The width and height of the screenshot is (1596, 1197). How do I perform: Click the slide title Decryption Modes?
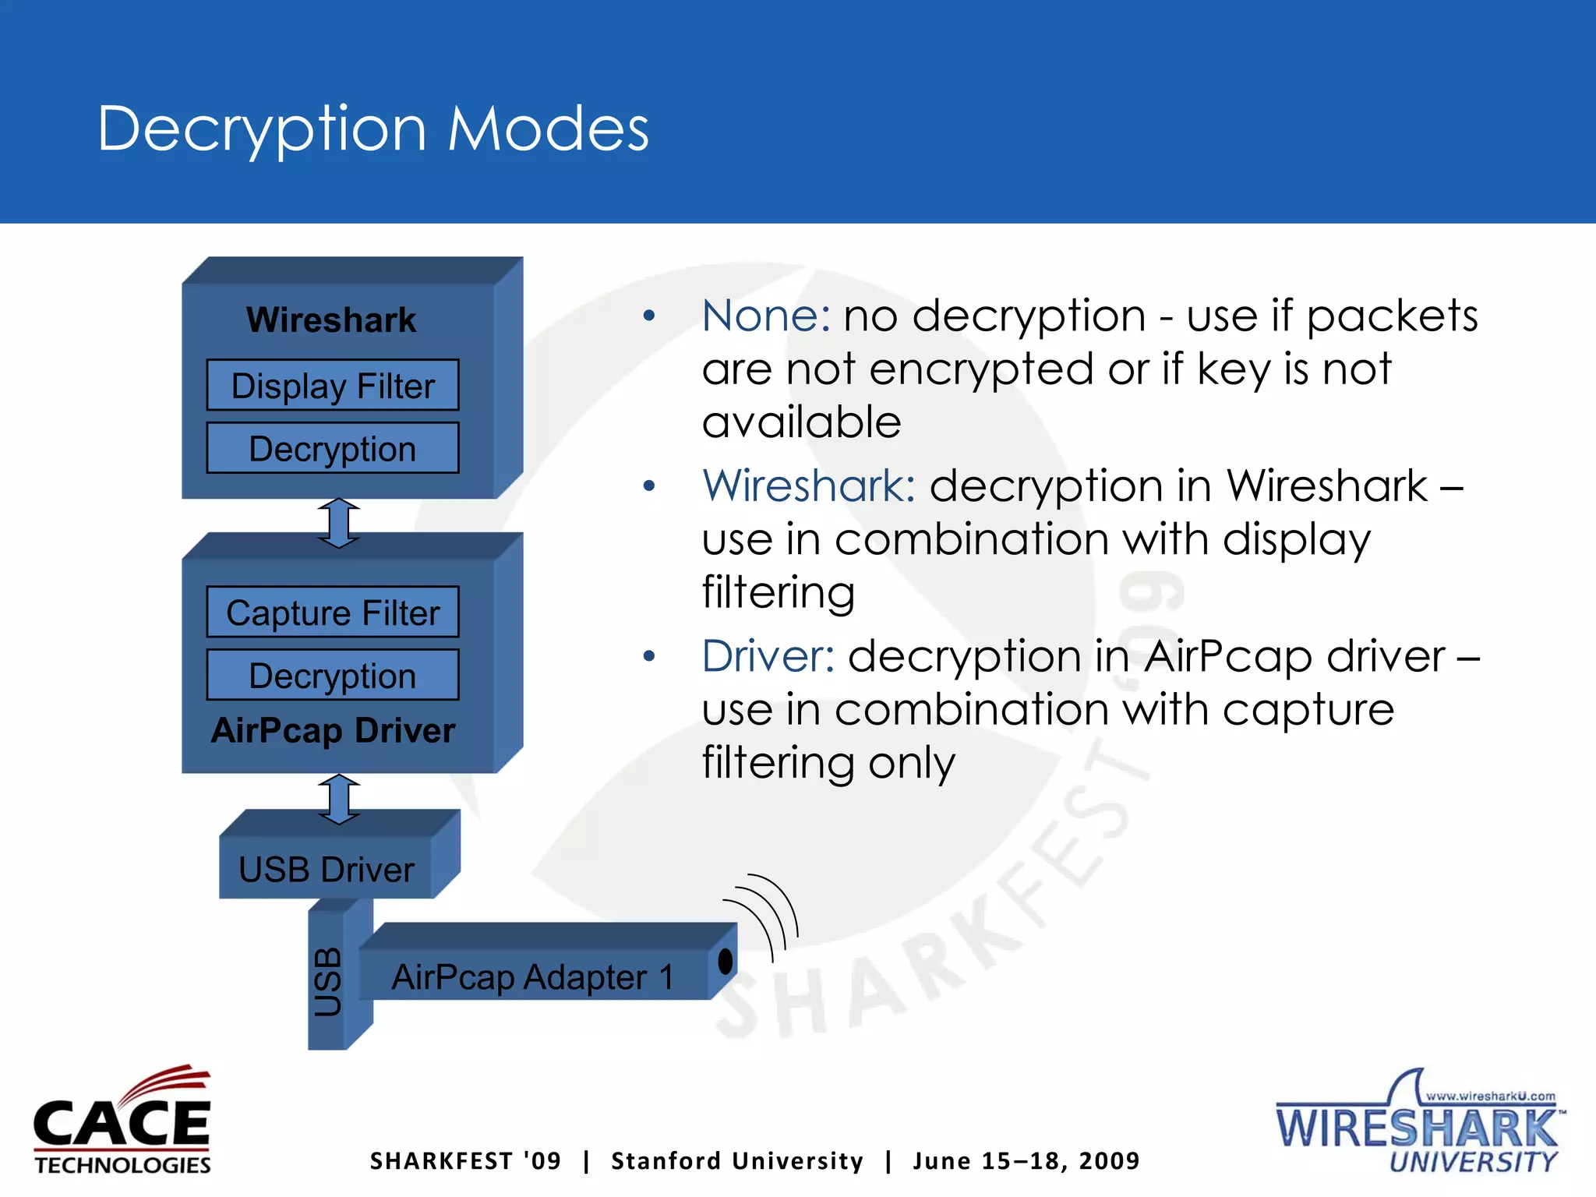(x=373, y=129)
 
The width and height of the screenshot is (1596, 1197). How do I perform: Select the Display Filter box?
(x=333, y=386)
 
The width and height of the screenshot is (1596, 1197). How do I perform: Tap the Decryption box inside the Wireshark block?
(x=333, y=449)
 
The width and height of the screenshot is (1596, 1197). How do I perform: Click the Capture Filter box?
(x=333, y=613)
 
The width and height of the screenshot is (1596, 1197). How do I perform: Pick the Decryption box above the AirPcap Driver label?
(x=333, y=676)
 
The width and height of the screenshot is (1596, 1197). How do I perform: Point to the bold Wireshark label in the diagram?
(x=331, y=320)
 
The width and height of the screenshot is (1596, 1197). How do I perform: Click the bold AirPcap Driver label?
(x=333, y=731)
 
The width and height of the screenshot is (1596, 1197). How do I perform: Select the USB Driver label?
(x=326, y=870)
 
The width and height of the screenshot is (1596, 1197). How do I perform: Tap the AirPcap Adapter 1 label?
(x=532, y=976)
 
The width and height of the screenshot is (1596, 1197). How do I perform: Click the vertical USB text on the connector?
(x=328, y=982)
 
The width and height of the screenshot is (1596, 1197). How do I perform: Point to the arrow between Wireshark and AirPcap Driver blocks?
(x=339, y=523)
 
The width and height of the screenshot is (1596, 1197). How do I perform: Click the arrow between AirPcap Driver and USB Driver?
(x=339, y=799)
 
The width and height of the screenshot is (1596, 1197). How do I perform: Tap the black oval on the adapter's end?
(x=726, y=962)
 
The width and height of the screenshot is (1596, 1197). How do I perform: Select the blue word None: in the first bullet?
(x=766, y=316)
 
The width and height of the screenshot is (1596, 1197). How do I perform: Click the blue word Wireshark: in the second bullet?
(x=808, y=486)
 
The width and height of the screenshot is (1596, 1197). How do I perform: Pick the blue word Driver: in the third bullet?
(x=768, y=656)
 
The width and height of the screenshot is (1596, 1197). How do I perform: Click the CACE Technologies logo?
(x=122, y=1119)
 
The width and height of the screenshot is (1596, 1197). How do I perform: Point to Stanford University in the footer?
(x=737, y=1161)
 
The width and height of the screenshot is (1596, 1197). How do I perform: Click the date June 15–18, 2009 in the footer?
(x=1026, y=1161)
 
